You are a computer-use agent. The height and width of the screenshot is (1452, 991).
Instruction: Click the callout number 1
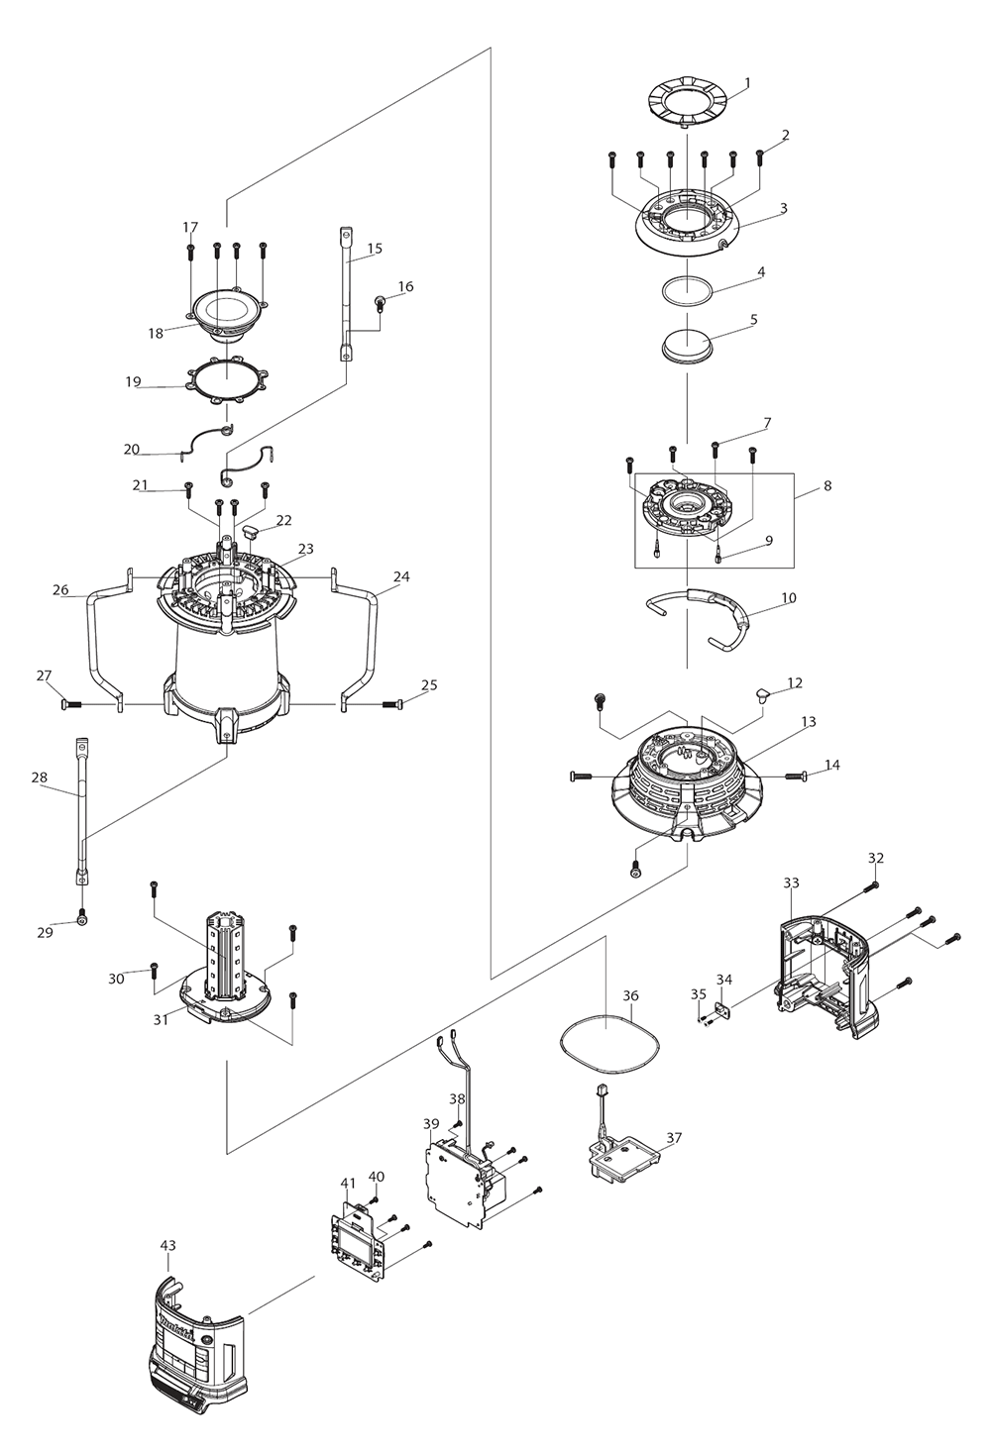coord(747,82)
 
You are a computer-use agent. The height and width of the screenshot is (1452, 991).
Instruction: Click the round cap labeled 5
coord(688,349)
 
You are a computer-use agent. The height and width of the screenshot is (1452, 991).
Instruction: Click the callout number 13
coord(809,722)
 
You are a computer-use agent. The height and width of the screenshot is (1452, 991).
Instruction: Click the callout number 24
coord(400,576)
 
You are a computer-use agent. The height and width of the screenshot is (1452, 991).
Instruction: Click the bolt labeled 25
coord(391,704)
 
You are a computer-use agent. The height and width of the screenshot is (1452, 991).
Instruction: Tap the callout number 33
coord(791,882)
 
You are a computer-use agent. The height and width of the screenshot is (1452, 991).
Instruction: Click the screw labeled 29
coord(82,919)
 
